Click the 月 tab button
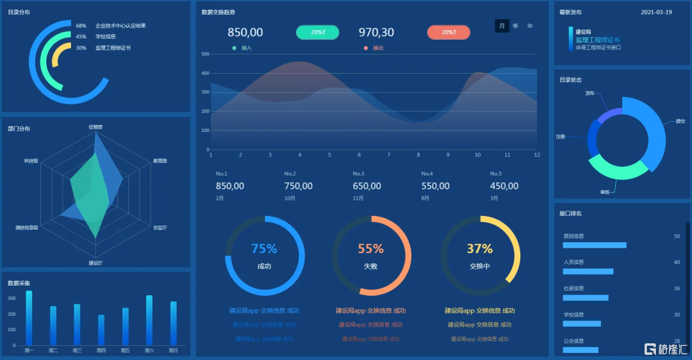[x=502, y=26]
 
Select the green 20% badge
[x=317, y=32]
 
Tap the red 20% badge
[x=449, y=32]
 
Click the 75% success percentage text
[x=264, y=249]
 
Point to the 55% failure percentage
[x=370, y=249]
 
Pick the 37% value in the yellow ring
[x=479, y=249]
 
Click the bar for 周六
[x=149, y=320]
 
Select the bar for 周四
[x=101, y=330]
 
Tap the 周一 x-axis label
[x=29, y=350]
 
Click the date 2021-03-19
[x=656, y=12]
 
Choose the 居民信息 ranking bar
[x=595, y=245]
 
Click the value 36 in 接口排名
[x=677, y=288]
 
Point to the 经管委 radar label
[x=95, y=127]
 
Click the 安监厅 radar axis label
[x=160, y=227]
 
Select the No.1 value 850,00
[x=230, y=186]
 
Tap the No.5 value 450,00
[x=504, y=186]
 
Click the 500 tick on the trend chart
[x=206, y=54]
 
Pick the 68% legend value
[x=81, y=26]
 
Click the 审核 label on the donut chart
[x=605, y=192]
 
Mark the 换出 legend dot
[x=366, y=48]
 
